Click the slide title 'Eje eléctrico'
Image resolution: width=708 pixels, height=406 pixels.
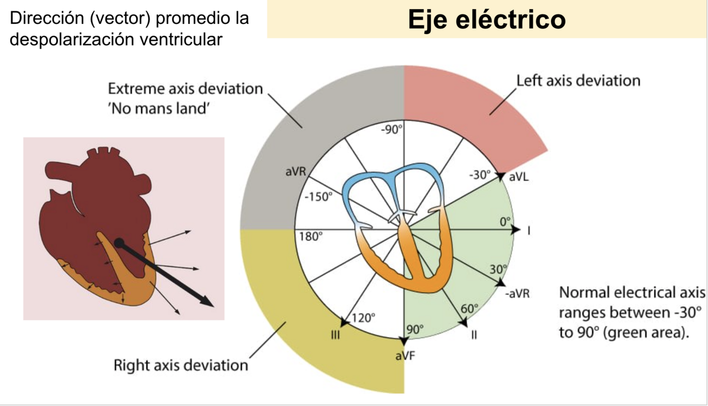pyautogui.click(x=486, y=20)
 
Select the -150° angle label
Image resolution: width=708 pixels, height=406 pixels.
pyautogui.click(x=318, y=196)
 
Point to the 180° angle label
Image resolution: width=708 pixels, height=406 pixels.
pyautogui.click(x=311, y=237)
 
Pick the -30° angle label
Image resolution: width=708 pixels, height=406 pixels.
pyautogui.click(x=480, y=176)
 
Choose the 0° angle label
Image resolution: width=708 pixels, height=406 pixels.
pyautogui.click(x=505, y=221)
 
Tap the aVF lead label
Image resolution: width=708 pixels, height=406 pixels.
pyautogui.click(x=405, y=356)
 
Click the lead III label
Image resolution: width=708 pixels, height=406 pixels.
pyautogui.click(x=335, y=335)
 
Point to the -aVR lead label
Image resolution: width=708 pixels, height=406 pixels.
pyautogui.click(x=517, y=293)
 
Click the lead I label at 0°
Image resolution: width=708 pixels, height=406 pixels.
pyautogui.click(x=529, y=230)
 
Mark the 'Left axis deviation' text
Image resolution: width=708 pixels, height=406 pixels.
pyautogui.click(x=579, y=81)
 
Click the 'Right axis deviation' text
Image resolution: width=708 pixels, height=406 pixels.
pyautogui.click(x=181, y=365)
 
